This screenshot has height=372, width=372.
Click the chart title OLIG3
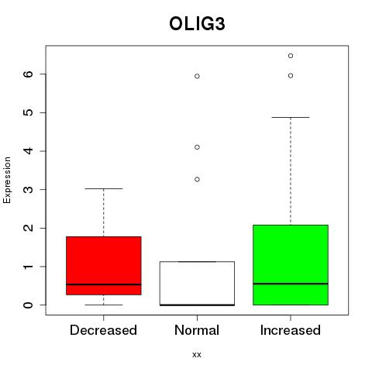pyautogui.click(x=197, y=24)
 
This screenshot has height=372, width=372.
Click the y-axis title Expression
pyautogui.click(x=7, y=180)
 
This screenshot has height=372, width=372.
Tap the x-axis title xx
pyautogui.click(x=197, y=354)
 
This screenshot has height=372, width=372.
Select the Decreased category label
pyautogui.click(x=103, y=330)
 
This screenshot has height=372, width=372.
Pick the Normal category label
pyautogui.click(x=197, y=330)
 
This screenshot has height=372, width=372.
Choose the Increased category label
pyautogui.click(x=291, y=330)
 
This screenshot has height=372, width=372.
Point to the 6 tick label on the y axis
pyautogui.click(x=28, y=74)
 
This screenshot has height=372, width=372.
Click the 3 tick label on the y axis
pyautogui.click(x=28, y=190)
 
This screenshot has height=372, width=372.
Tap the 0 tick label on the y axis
pyautogui.click(x=28, y=305)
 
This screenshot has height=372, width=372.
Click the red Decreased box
pyautogui.click(x=104, y=266)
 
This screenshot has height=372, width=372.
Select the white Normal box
pyautogui.click(x=197, y=284)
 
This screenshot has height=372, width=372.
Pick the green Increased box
pyautogui.click(x=291, y=265)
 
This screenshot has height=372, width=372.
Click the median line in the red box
pyautogui.click(x=104, y=284)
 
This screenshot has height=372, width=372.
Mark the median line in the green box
pyautogui.click(x=291, y=284)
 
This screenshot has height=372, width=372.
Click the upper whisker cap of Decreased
pyautogui.click(x=104, y=188)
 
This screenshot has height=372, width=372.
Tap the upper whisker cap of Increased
pyautogui.click(x=291, y=117)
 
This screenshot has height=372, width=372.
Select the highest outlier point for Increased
pyautogui.click(x=291, y=56)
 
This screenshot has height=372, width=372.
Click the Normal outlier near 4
pyautogui.click(x=197, y=147)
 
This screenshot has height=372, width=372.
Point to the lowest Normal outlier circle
pyautogui.click(x=197, y=179)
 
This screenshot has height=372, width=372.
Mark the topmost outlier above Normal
pyautogui.click(x=197, y=76)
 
